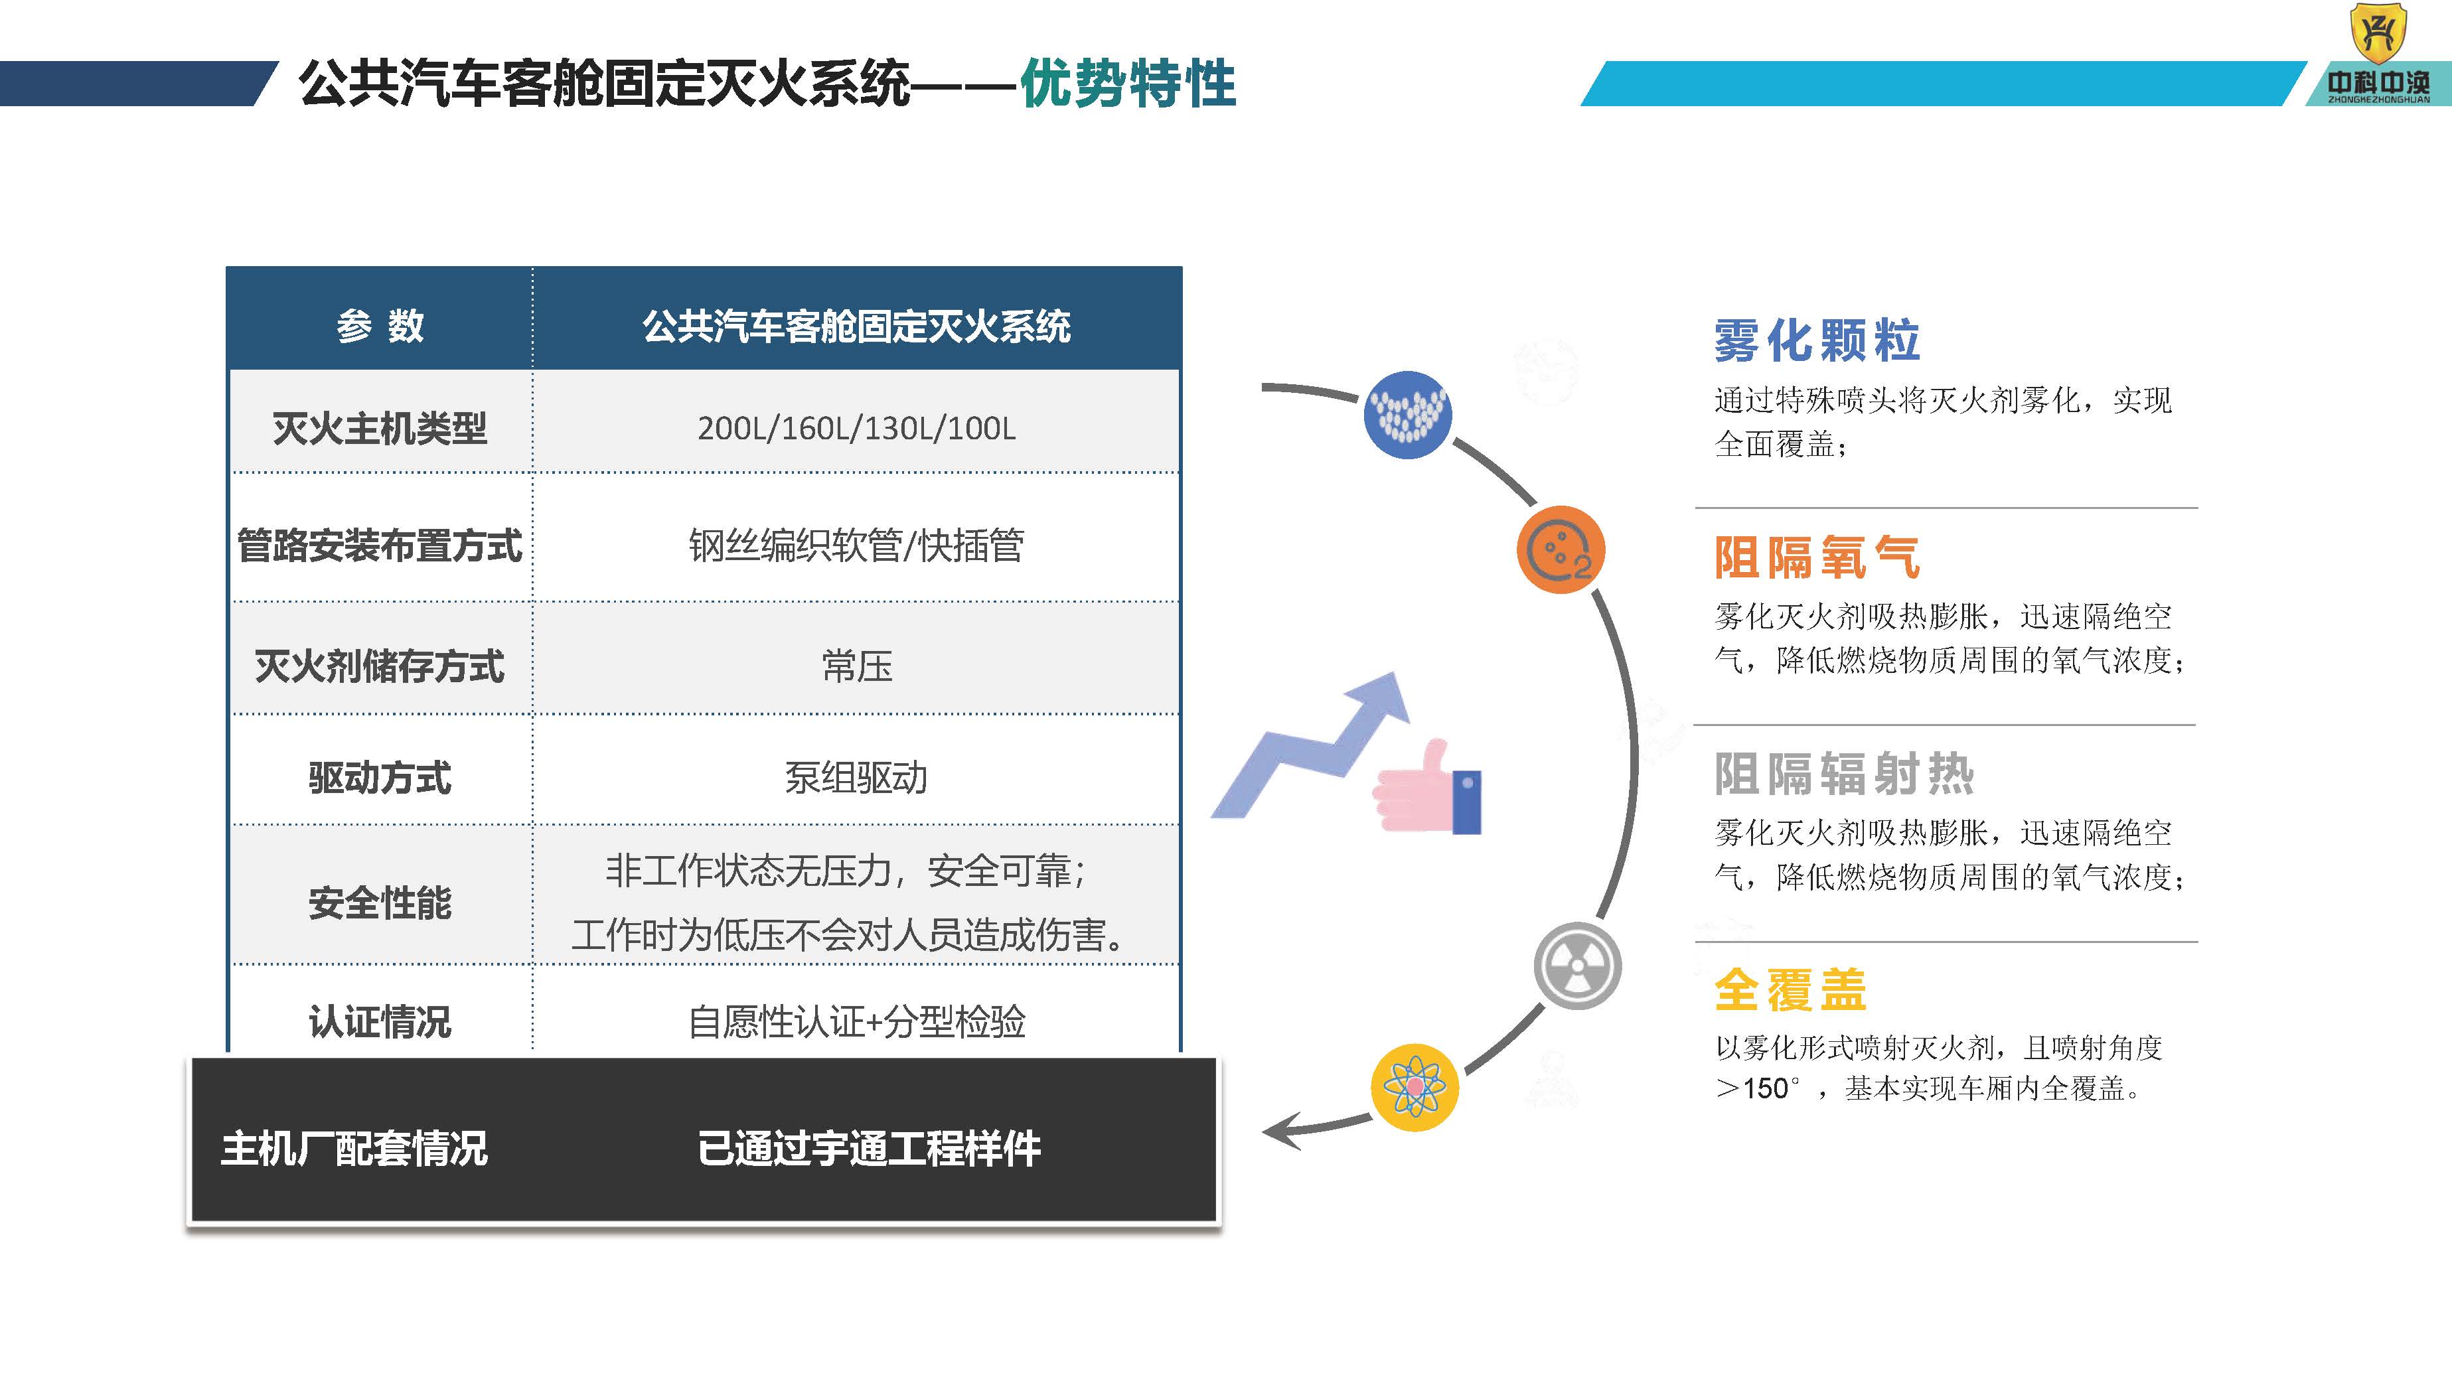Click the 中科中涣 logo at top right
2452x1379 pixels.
point(2377,55)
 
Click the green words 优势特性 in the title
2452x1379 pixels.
point(1127,84)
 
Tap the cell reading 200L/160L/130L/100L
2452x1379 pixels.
point(856,428)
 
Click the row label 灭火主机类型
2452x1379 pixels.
point(380,428)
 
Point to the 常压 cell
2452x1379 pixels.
point(856,665)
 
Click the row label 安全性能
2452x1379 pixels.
point(380,903)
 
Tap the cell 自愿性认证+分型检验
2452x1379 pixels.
point(856,1021)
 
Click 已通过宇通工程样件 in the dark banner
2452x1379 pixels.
point(868,1148)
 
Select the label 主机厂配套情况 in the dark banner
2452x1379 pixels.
point(354,1148)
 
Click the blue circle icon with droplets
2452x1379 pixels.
point(1407,415)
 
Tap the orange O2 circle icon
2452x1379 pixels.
point(1560,550)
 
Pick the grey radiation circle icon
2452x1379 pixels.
point(1577,966)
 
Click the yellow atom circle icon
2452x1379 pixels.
point(1415,1087)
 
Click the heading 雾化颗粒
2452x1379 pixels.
point(1816,340)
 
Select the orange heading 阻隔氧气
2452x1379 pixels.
point(1816,557)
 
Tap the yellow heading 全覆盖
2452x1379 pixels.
point(1790,989)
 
